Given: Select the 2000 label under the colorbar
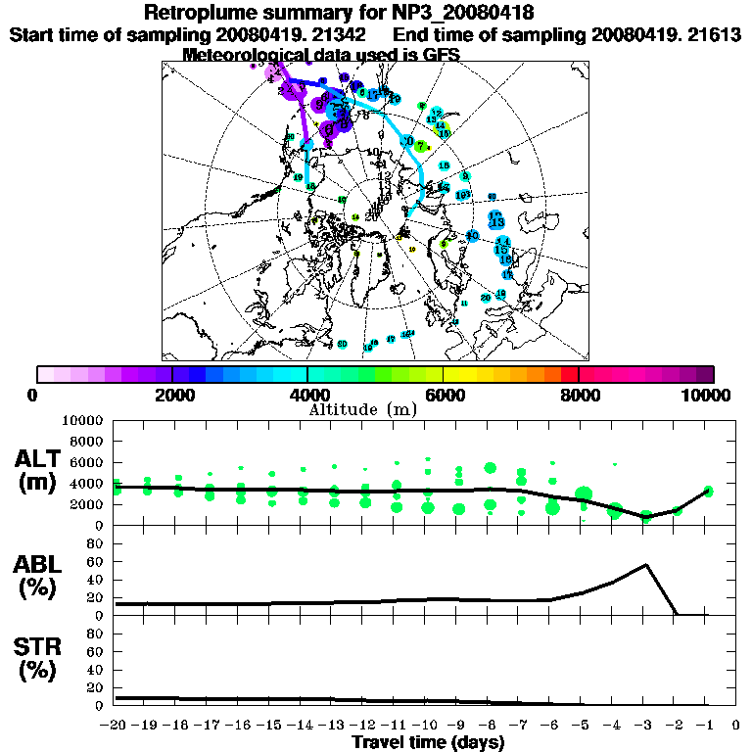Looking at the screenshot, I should [172, 396].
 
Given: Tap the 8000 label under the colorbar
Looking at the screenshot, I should [579, 396].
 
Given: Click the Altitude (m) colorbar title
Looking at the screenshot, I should [362, 409].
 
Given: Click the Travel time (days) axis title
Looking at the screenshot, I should [428, 743].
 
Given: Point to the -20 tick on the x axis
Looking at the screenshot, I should [115, 726].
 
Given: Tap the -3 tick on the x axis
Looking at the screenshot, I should [645, 726].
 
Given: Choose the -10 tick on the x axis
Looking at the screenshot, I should [427, 726].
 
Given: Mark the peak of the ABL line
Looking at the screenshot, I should [646, 565].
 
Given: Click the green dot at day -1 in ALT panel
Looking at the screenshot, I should [708, 492].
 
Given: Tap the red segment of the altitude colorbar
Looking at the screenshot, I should [570, 374].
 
